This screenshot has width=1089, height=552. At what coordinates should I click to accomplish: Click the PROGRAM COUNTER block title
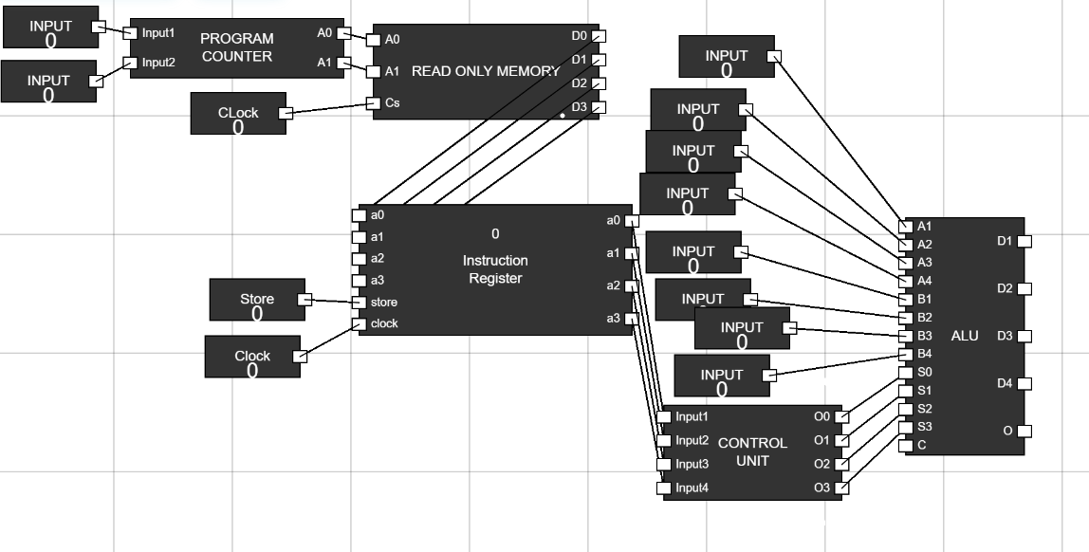[236, 47]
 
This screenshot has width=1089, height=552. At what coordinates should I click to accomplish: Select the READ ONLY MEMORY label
[486, 71]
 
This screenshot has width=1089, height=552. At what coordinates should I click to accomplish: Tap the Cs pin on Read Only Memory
[374, 103]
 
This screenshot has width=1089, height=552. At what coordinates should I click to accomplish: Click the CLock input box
[237, 114]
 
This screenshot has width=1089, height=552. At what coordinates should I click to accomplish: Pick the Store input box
[257, 300]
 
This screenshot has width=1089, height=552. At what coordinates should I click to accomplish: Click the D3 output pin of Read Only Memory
[598, 107]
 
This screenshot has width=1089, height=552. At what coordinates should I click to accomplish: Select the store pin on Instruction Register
[359, 303]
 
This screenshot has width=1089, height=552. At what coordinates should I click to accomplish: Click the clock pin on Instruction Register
[359, 324]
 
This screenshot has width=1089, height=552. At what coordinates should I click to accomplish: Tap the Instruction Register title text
[495, 269]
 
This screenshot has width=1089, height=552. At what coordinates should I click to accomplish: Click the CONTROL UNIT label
[752, 451]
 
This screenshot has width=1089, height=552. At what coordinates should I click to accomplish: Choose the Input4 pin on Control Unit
[664, 488]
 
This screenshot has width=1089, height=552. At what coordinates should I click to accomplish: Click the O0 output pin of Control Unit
[841, 416]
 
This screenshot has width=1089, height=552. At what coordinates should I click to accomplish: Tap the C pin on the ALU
[905, 445]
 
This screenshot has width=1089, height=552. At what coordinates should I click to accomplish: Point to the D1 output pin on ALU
[1023, 242]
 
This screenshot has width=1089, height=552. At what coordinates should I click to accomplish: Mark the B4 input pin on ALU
[905, 355]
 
